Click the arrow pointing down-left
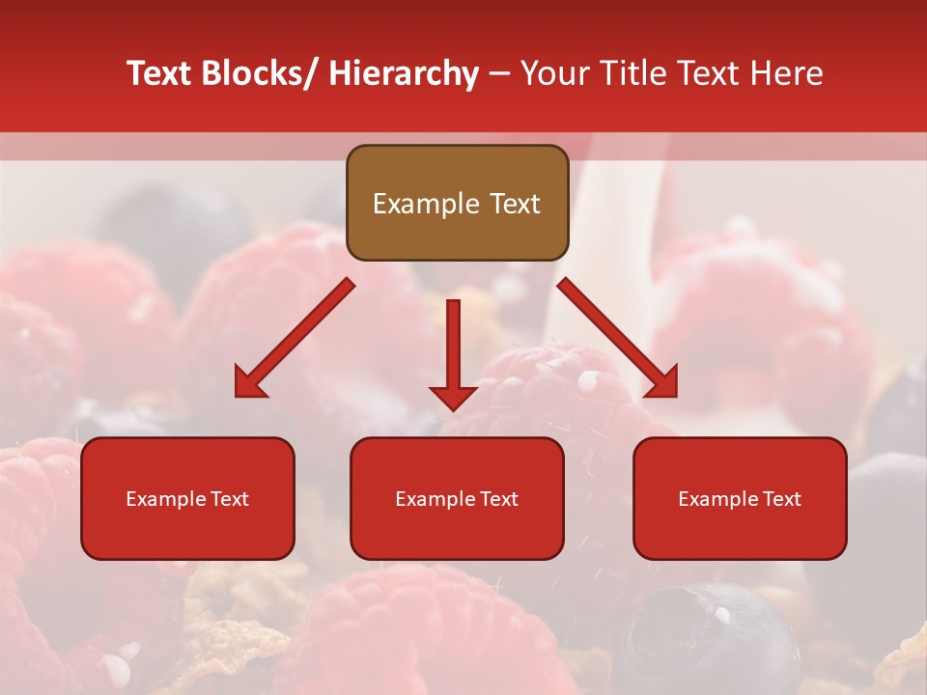[295, 339]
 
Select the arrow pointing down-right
[617, 339]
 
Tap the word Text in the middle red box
[498, 499]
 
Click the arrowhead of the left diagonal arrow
[249, 383]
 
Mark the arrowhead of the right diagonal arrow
[662, 383]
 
